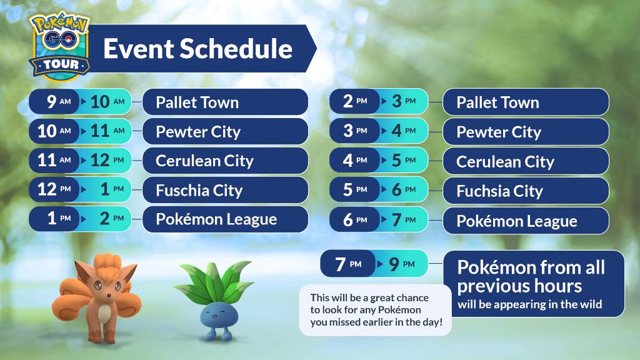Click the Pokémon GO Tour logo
tap(60, 45)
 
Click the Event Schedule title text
tap(198, 49)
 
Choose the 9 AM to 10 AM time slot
tap(80, 102)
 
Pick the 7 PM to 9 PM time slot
tap(374, 264)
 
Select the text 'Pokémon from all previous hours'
tap(531, 276)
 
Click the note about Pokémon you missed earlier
tap(376, 310)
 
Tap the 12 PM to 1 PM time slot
tap(80, 189)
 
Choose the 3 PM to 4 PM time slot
tap(379, 131)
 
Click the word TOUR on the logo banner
tap(61, 64)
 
